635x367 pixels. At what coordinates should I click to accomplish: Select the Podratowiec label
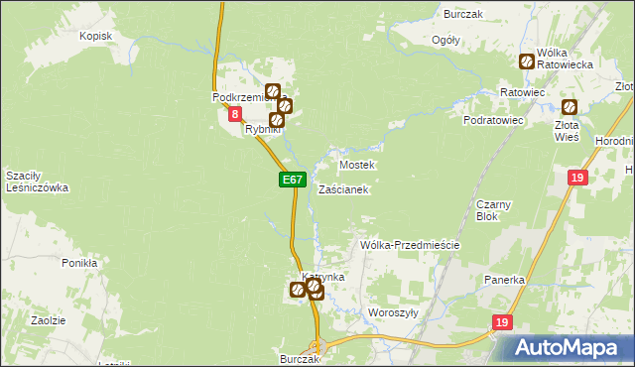(x=493, y=120)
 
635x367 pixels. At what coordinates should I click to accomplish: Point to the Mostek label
(x=357, y=165)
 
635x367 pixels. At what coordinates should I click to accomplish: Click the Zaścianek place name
(x=344, y=188)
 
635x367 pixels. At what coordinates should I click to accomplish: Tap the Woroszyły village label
(x=393, y=311)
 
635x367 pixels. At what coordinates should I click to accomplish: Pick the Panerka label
(x=504, y=281)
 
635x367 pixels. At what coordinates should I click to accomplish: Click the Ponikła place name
(x=79, y=264)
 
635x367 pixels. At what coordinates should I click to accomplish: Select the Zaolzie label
(x=48, y=320)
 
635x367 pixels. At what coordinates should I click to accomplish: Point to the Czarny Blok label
(x=493, y=209)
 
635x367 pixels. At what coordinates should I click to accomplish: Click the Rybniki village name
(x=264, y=129)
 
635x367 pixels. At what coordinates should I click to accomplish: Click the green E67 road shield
(x=291, y=180)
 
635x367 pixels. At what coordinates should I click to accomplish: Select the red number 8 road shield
(x=235, y=115)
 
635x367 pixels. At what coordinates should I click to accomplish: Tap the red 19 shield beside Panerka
(x=503, y=322)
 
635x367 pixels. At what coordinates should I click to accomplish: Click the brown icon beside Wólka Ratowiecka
(x=527, y=61)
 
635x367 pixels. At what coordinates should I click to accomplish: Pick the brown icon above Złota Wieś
(x=570, y=107)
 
